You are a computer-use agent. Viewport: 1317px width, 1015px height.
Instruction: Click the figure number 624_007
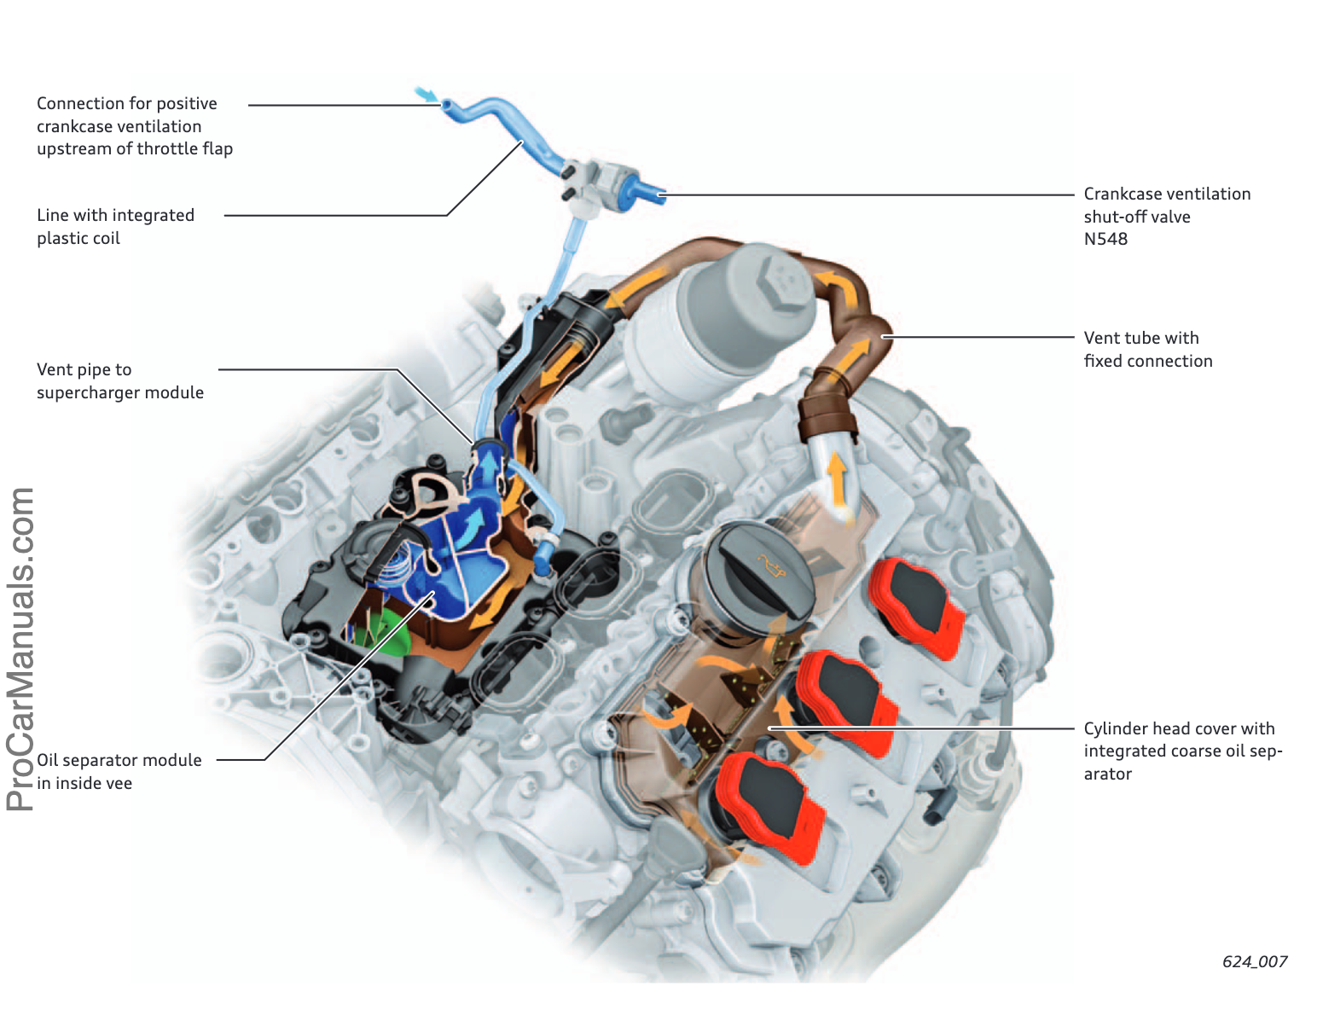coord(1254,961)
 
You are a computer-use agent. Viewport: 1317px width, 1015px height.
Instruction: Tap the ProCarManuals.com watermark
coord(21,648)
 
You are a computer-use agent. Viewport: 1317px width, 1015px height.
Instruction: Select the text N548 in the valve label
coord(1105,239)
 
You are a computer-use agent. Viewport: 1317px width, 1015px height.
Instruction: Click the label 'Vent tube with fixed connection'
coord(1147,349)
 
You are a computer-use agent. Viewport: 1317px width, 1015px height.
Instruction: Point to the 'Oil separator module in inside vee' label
coord(119,771)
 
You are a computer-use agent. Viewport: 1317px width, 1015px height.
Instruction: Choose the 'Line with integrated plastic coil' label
coord(115,226)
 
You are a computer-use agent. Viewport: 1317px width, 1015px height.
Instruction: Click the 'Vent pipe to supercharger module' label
coord(119,380)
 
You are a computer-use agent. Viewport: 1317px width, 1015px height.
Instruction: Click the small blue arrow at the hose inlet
coord(425,94)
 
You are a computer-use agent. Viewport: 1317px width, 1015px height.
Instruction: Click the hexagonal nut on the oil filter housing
coord(780,280)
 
